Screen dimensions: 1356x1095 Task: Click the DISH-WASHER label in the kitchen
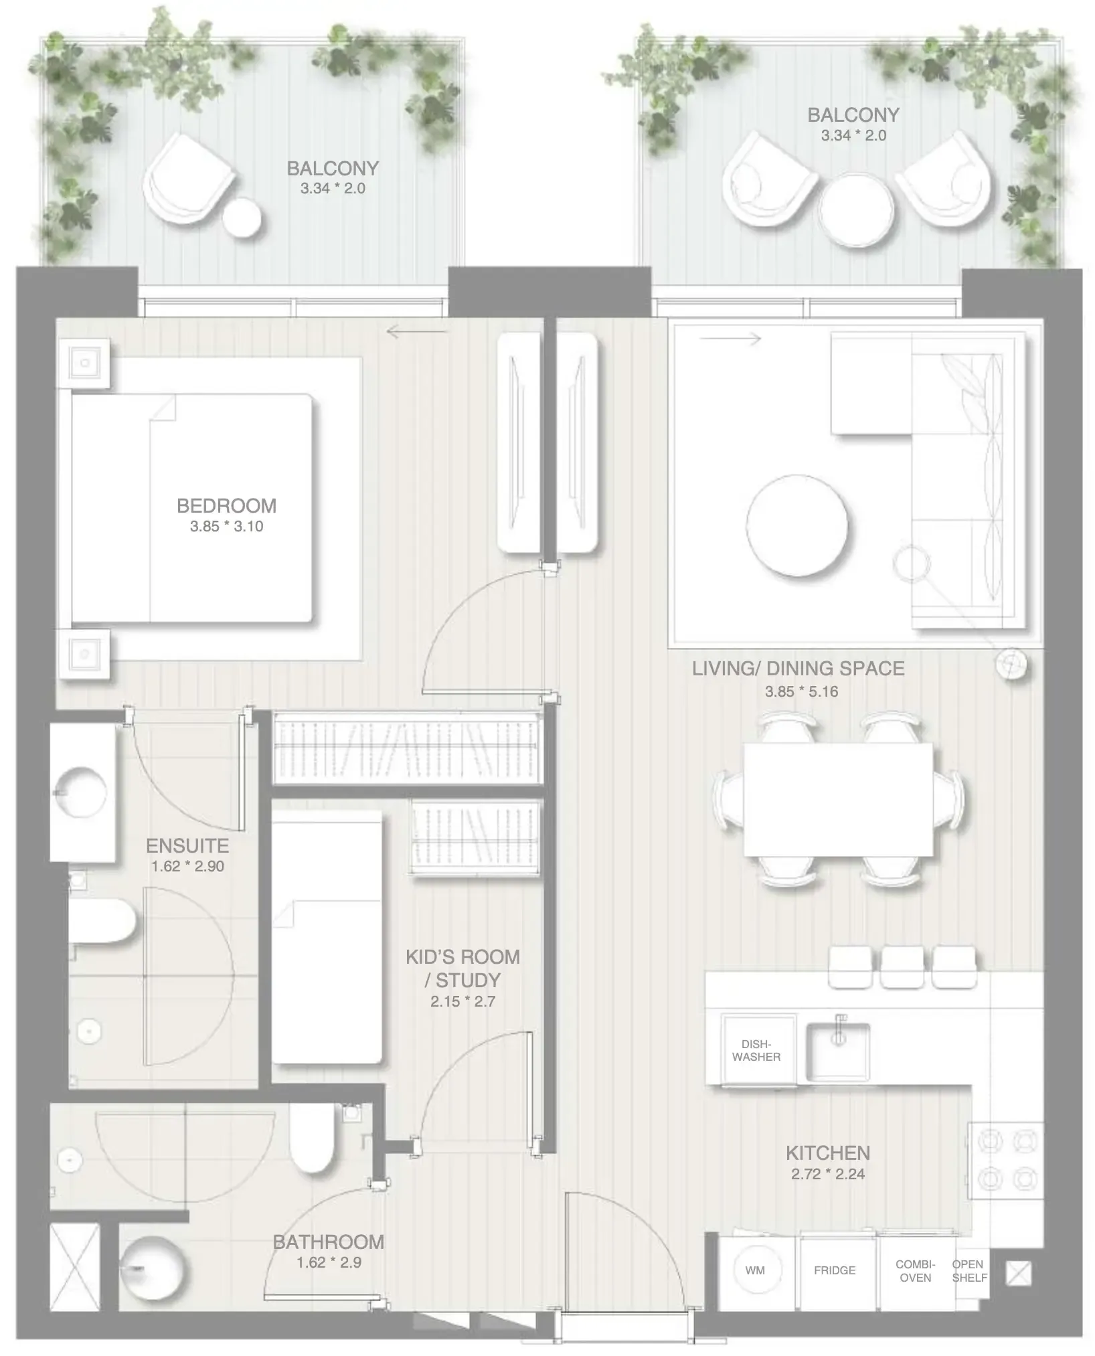(756, 1050)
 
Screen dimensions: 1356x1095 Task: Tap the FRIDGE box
(835, 1270)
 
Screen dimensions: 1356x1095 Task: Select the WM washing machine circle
(755, 1270)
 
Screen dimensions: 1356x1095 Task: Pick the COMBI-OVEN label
(915, 1270)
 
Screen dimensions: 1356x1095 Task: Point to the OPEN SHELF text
(968, 1270)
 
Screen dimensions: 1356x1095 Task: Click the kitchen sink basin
(837, 1052)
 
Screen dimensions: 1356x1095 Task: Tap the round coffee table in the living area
(796, 525)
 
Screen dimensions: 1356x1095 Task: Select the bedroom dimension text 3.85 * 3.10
(226, 526)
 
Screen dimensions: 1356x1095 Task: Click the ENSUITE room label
(187, 845)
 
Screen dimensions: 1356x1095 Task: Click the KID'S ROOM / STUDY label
(462, 968)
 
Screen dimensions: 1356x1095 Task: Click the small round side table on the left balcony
(242, 218)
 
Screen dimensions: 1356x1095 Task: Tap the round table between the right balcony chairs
(855, 209)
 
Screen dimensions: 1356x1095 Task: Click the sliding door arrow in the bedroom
(416, 331)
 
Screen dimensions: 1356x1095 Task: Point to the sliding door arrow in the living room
(730, 339)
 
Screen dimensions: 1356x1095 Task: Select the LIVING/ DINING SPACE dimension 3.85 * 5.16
(801, 691)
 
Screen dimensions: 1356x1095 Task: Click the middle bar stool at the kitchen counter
(902, 966)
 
